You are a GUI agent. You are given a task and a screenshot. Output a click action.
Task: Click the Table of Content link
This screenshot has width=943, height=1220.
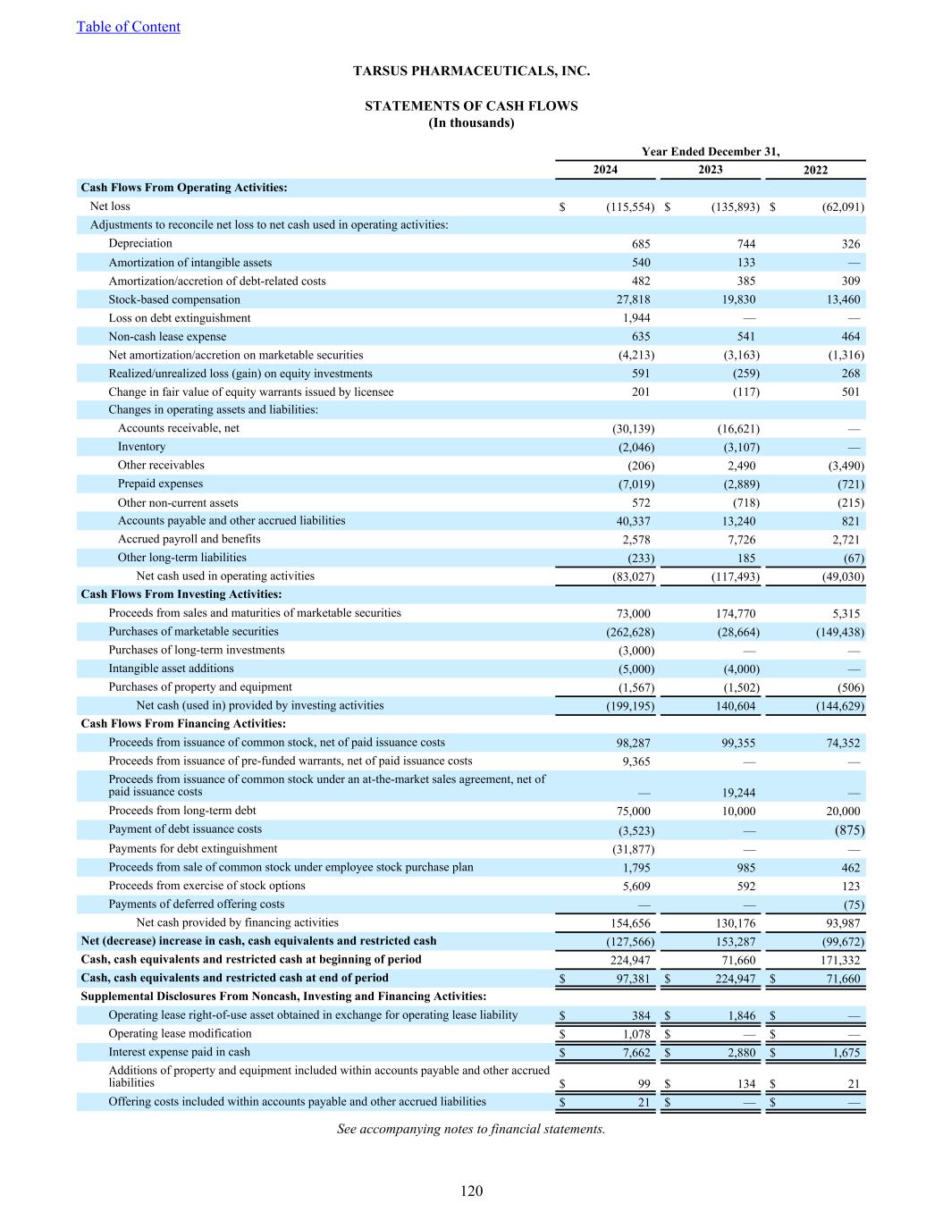coord(128,27)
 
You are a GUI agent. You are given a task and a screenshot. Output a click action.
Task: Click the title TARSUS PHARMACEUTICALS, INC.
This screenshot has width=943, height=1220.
coord(471,71)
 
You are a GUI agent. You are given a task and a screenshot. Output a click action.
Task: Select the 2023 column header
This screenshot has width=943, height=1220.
coord(710,170)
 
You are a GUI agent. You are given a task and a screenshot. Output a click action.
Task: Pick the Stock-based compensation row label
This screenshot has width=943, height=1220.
coord(174,299)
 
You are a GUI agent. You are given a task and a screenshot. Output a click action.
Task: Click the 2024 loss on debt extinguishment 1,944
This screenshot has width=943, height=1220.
coord(636,318)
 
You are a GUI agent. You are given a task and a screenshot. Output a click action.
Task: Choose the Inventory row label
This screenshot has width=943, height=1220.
coord(141,447)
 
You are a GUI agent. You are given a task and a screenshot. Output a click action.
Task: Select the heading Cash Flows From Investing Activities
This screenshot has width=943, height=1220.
coord(181,594)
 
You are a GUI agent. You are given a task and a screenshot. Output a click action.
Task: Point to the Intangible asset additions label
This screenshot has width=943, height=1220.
coord(171,669)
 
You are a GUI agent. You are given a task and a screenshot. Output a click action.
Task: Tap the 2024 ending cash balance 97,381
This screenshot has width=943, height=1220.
coord(632,979)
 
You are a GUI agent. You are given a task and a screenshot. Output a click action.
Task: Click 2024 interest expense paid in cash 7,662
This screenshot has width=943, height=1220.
coord(636,1053)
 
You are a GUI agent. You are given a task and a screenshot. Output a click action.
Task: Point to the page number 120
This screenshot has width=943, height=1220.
coord(471,1191)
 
